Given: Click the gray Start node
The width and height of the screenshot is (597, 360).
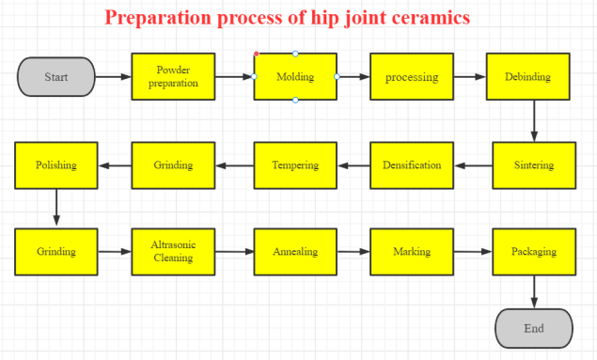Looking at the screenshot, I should point(56,77).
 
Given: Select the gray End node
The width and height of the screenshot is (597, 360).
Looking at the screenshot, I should point(533,329).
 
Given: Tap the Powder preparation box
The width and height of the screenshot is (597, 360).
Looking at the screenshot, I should point(173,77).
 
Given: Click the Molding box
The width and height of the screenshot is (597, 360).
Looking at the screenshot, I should point(295,77).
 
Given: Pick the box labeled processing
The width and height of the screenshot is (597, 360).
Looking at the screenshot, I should point(412,77).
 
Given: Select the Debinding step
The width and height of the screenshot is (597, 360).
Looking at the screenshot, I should point(527,77).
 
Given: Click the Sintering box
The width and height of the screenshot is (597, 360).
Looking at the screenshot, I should point(534,165).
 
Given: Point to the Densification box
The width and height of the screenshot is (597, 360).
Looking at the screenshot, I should point(412,165).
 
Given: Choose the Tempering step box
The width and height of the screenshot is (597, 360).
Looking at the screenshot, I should point(295,165).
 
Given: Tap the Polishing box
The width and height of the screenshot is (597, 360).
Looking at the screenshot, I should point(56,165).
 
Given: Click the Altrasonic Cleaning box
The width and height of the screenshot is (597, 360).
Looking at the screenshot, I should point(173,251).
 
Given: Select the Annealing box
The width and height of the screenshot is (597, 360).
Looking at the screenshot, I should point(295,251).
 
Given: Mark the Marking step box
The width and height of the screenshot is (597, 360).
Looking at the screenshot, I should point(412,251).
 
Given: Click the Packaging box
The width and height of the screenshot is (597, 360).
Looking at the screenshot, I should point(534,251).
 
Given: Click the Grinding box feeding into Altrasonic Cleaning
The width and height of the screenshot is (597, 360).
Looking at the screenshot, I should point(56,251).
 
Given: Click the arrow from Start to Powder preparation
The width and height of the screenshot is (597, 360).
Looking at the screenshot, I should point(113,77).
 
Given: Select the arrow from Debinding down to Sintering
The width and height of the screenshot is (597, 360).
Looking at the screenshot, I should point(534,120).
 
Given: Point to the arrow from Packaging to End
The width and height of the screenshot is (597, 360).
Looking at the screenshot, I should point(534,291).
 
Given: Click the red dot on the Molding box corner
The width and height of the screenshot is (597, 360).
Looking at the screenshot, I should point(256,54).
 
